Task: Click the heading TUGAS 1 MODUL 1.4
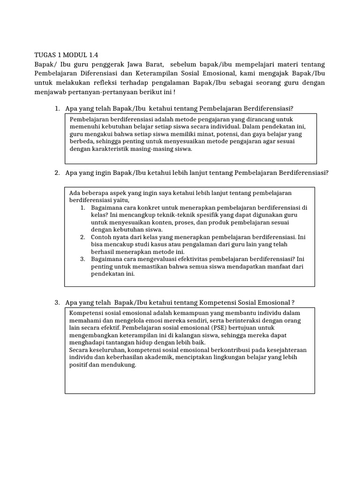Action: (67, 54)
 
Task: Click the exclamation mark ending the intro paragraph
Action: (174, 92)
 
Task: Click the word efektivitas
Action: (191, 259)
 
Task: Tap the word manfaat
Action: (272, 266)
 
